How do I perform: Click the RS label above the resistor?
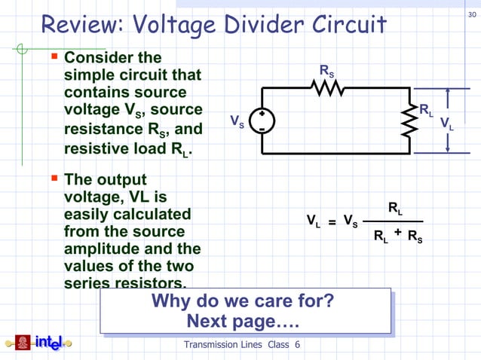click(326, 72)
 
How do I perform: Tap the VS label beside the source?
click(236, 121)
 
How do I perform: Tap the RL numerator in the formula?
click(395, 207)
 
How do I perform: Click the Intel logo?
click(39, 343)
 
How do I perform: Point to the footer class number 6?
click(297, 345)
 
